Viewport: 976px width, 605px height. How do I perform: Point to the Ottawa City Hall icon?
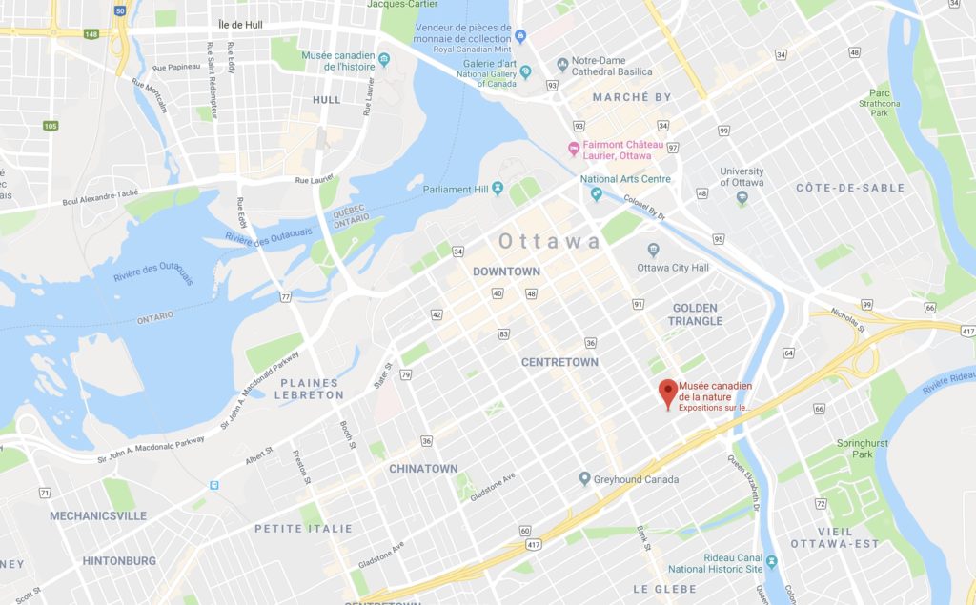[653, 251]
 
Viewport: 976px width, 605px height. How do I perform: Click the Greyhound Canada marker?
[585, 479]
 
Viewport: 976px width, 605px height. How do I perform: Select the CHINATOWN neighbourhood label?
[423, 469]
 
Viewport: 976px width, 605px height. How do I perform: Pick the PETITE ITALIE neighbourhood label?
[303, 528]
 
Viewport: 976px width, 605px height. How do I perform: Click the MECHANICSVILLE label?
[98, 515]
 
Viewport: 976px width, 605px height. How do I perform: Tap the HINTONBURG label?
[119, 561]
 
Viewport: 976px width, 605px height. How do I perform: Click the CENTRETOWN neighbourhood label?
[559, 362]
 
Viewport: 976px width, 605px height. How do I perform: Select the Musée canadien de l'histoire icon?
[384, 61]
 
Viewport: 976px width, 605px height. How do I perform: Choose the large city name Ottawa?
[550, 241]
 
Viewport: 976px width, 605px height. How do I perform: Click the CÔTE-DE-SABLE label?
[850, 188]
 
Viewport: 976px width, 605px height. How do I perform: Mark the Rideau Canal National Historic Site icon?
[771, 562]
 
